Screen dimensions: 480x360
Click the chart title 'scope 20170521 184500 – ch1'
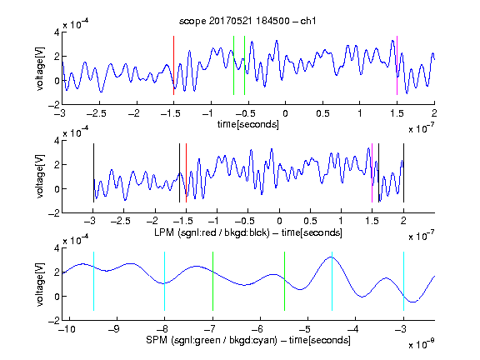pos(247,21)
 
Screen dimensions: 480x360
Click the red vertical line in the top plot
pos(173,66)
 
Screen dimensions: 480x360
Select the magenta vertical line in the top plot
pos(397,66)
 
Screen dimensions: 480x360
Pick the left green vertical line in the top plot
pos(233,66)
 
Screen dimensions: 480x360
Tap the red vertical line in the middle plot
pos(186,172)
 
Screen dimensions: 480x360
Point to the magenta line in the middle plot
pos(372,172)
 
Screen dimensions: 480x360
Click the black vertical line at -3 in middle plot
pos(93,172)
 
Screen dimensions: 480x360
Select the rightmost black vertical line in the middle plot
pos(403,172)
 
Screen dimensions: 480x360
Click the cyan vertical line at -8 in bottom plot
pos(164,281)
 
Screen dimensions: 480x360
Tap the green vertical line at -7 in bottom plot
pos(212,281)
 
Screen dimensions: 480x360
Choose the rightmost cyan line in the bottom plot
pos(403,281)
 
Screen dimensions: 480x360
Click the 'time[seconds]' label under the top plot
pos(248,124)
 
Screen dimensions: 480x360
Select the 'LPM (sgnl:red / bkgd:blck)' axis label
pos(212,232)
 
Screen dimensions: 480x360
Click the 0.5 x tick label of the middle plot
pos(310,221)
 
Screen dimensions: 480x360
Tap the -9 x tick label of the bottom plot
pos(114,329)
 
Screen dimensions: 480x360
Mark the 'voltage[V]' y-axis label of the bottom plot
pos(40,284)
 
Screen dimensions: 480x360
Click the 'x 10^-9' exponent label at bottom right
pos(421,345)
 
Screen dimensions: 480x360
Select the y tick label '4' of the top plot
pos(57,32)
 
